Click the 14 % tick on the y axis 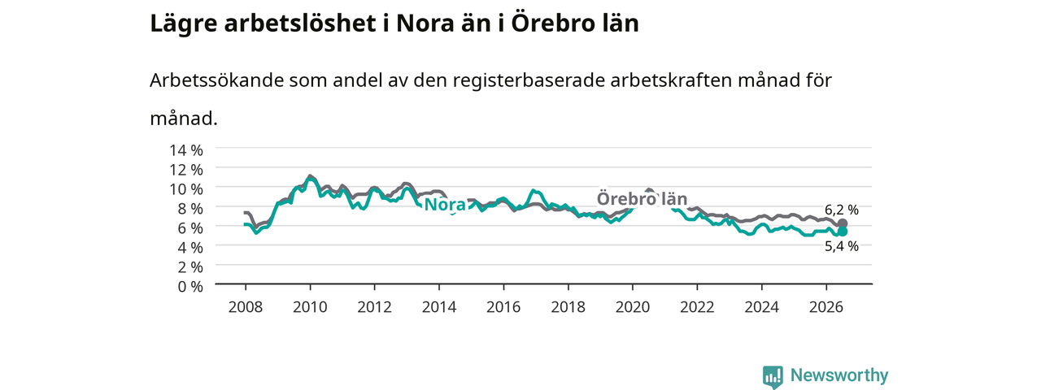186,150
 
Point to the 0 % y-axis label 190,287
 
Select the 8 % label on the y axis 190,209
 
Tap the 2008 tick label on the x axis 246,307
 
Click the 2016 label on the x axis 503,307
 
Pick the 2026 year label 826,307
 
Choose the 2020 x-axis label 633,307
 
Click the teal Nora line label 445,205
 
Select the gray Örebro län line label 642,199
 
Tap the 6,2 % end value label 842,210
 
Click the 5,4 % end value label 842,246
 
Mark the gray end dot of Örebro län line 842,223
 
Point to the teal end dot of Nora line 842,232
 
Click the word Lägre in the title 184,24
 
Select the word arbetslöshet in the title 300,24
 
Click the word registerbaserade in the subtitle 529,81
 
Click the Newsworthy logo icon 773,376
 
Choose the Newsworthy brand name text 839,375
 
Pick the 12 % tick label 186,170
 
